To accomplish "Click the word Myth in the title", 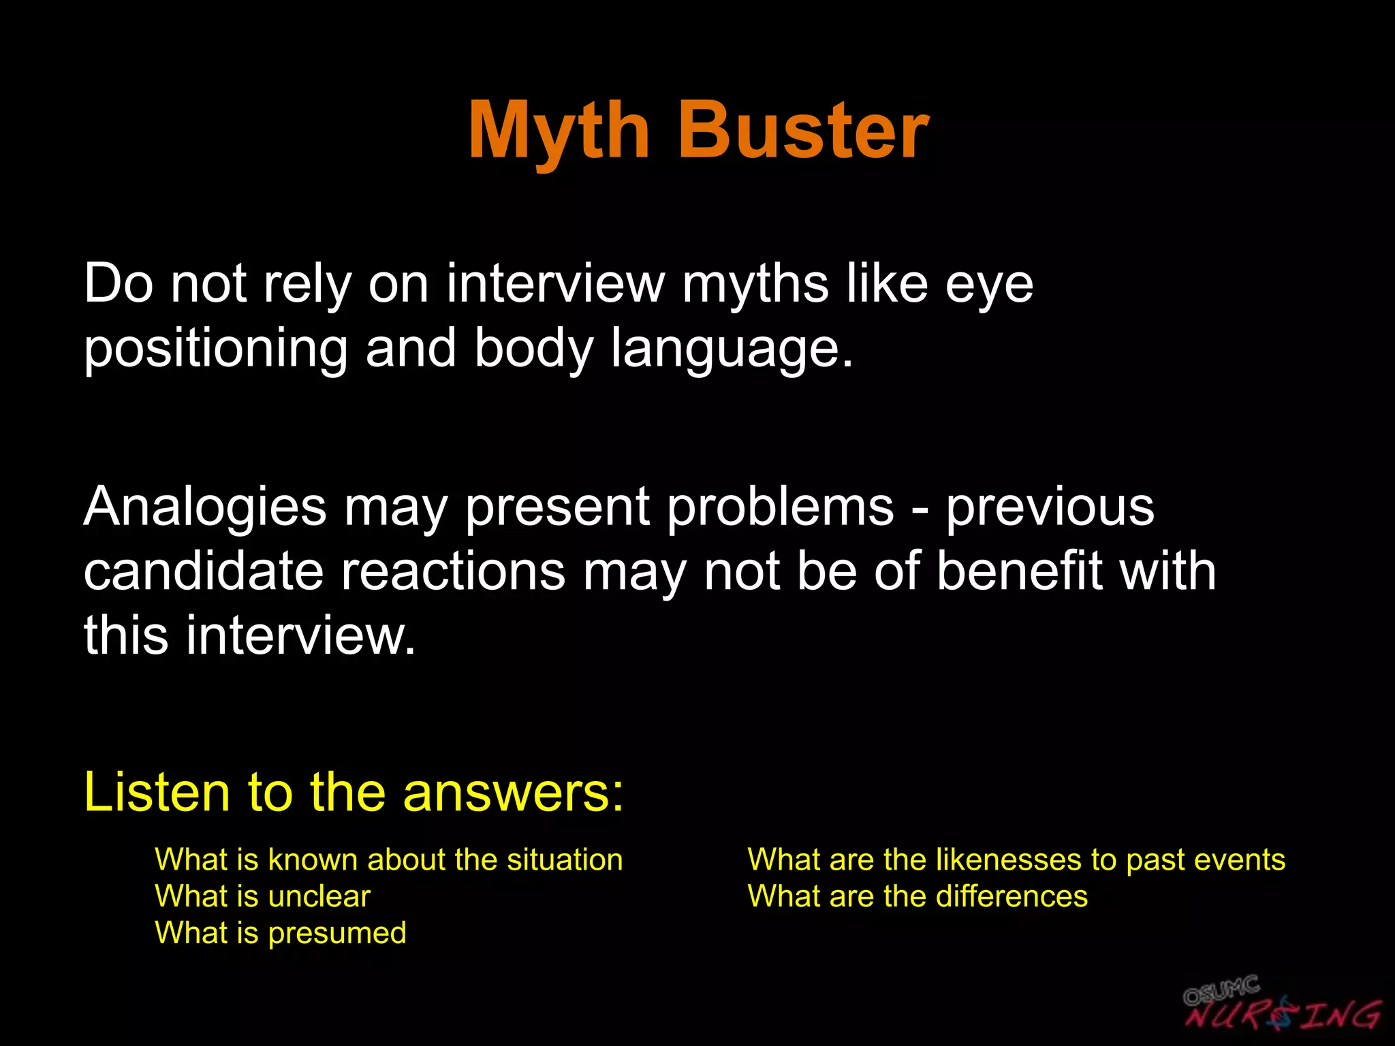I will tap(559, 131).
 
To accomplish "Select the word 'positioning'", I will tap(215, 349).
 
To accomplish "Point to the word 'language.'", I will tap(732, 349).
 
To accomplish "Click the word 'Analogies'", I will tap(205, 508).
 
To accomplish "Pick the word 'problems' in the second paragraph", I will tap(780, 508).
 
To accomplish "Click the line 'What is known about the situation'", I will tap(388, 859).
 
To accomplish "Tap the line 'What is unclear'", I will tap(262, 896).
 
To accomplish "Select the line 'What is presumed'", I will tap(280, 933).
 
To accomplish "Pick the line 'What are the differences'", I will tap(918, 896).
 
